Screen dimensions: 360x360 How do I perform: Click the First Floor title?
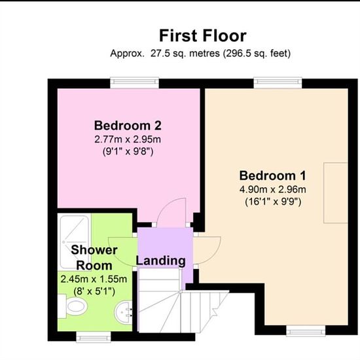coord(203,36)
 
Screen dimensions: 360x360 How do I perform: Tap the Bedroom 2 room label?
coord(128,126)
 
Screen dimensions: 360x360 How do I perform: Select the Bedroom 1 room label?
coord(273,175)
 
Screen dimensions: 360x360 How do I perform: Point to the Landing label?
coord(161,261)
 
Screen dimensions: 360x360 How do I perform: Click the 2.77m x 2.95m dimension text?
coord(128,139)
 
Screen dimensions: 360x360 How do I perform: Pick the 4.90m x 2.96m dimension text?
coord(273,189)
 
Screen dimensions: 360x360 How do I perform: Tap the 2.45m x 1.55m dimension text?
coord(94,279)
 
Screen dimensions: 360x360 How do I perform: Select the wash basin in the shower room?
coord(124,312)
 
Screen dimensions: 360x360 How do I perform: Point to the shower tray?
coord(74,242)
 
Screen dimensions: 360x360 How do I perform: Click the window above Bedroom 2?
coord(135,82)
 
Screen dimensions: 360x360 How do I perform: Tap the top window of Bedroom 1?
coord(278,82)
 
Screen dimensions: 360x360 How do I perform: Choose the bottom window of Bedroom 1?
coord(306,331)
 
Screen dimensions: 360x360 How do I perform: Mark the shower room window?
coord(94,336)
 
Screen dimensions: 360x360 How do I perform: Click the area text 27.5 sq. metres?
coord(185,54)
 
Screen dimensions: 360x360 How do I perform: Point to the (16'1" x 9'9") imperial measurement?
coord(273,202)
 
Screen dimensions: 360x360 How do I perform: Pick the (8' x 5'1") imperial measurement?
coord(94,291)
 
